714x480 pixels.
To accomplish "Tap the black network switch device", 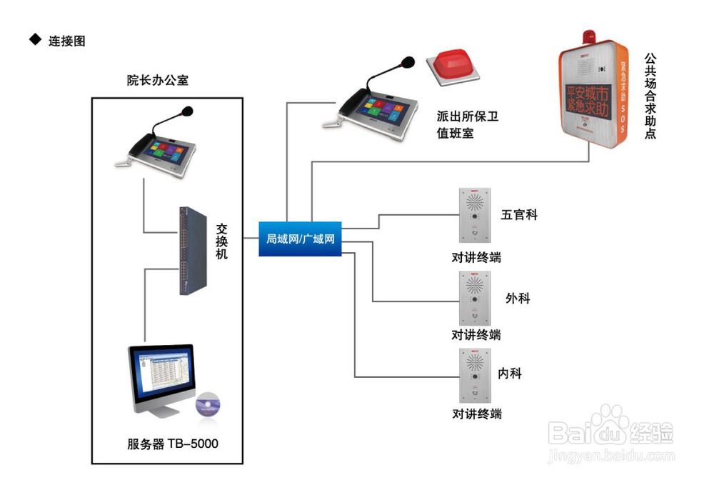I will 193,250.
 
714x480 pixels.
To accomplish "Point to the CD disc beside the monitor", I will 208,405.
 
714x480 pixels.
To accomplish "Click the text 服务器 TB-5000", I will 172,444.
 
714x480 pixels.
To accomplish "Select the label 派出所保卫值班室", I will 467,124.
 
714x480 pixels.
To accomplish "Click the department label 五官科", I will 518,214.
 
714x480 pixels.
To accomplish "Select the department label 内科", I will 510,373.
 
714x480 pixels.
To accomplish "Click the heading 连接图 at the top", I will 66,41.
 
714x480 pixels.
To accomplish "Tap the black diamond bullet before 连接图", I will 35,40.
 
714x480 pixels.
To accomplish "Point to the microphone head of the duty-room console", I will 408,62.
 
